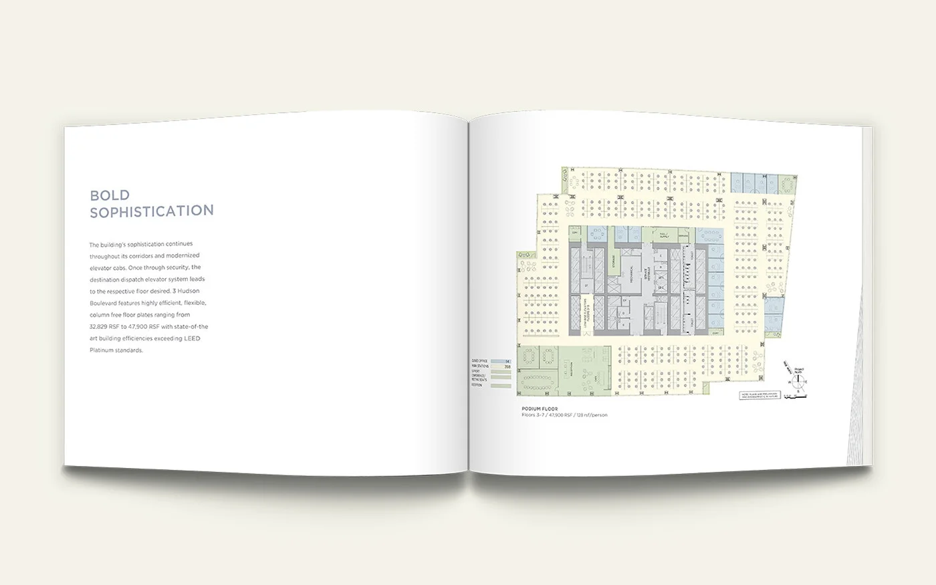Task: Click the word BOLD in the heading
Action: click(x=110, y=195)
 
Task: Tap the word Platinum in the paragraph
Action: click(x=104, y=350)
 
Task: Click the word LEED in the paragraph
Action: click(x=192, y=338)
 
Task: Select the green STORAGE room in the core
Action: click(x=613, y=262)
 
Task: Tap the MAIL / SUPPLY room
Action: click(x=663, y=236)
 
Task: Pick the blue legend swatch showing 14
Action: click(x=500, y=361)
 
